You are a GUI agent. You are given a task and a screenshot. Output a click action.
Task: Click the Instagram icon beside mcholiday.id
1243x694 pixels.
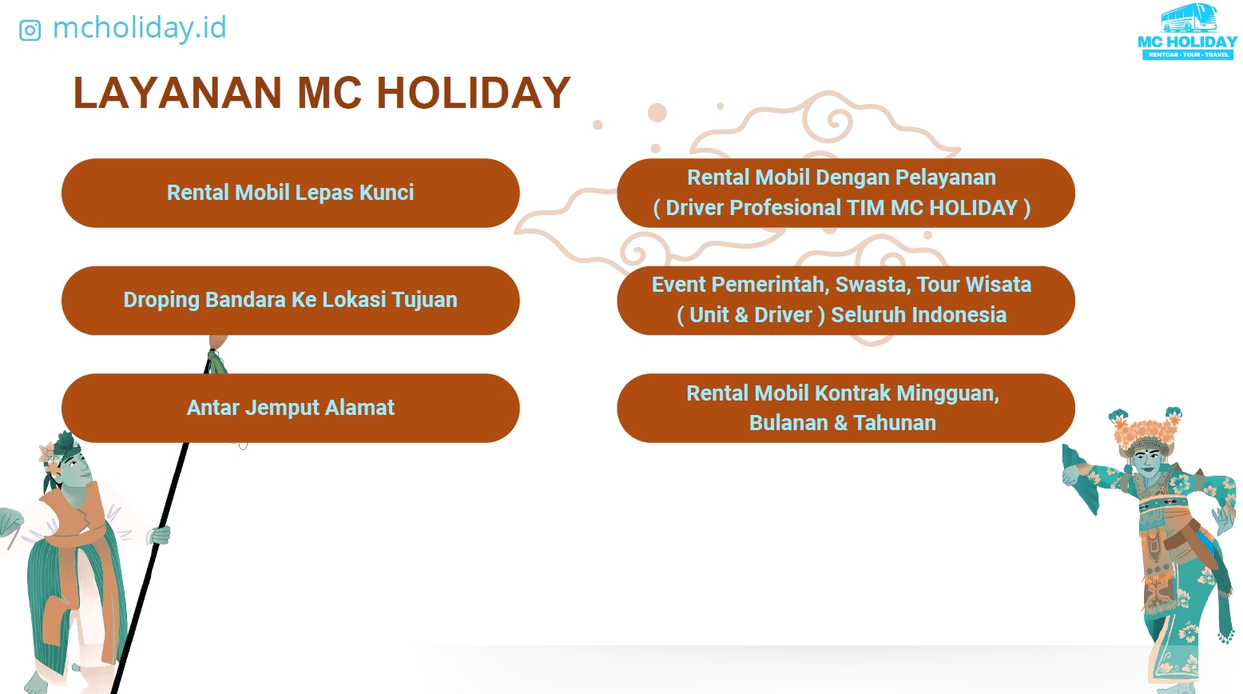pyautogui.click(x=30, y=30)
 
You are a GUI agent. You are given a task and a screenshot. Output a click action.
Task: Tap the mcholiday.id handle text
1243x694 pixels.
pyautogui.click(x=139, y=28)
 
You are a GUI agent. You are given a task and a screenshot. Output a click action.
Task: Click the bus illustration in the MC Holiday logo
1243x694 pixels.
pyautogui.click(x=1189, y=18)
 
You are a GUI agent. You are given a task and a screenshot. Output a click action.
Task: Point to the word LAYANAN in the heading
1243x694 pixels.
pyautogui.click(x=177, y=93)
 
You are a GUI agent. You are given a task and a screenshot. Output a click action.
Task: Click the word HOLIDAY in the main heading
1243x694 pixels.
pyautogui.click(x=474, y=93)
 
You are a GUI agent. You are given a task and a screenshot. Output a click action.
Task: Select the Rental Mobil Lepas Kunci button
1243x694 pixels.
pyautogui.click(x=290, y=193)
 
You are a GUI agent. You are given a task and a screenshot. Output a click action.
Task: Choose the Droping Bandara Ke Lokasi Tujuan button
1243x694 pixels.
pyautogui.click(x=290, y=301)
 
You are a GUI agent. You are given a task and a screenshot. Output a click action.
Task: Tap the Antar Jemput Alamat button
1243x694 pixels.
pyautogui.click(x=290, y=408)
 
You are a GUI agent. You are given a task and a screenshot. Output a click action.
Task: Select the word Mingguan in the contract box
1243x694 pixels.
pyautogui.click(x=947, y=394)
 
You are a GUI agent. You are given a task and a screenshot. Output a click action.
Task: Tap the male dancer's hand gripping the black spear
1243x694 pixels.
pyautogui.click(x=161, y=535)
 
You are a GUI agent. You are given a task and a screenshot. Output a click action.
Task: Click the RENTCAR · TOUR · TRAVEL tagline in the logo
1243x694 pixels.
pyautogui.click(x=1188, y=55)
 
